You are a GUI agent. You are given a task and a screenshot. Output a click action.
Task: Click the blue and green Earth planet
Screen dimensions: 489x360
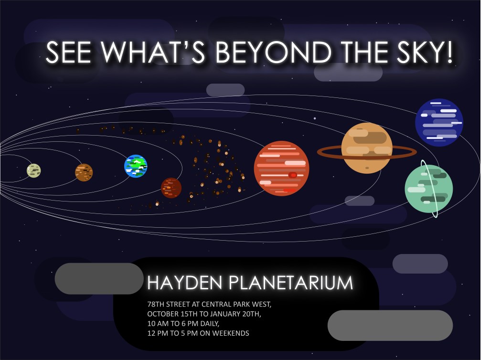136,166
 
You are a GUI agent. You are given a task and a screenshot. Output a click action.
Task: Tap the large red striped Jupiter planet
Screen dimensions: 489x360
281,169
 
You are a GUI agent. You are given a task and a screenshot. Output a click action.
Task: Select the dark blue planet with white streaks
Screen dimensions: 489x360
439,123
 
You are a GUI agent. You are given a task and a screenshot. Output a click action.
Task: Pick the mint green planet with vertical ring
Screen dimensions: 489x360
429,189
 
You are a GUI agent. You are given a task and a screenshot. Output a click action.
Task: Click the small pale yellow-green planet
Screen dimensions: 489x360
34,170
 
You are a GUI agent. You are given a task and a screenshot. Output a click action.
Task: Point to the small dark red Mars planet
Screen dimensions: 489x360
171,188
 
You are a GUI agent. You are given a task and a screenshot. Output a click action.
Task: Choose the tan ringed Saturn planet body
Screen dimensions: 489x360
367,148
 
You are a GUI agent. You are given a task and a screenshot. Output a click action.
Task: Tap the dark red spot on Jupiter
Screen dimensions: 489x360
293,175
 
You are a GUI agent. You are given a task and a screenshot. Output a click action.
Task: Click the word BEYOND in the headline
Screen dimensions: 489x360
274,53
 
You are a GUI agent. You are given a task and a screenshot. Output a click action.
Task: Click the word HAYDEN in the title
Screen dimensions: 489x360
185,283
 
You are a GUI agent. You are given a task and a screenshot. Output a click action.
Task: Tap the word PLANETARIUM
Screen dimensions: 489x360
291,283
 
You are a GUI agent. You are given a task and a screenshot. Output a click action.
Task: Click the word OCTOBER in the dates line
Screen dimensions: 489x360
163,314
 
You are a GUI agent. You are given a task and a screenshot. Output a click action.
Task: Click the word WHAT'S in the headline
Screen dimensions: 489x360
153,53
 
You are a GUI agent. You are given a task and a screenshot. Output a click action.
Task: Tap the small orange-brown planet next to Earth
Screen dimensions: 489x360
84,172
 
